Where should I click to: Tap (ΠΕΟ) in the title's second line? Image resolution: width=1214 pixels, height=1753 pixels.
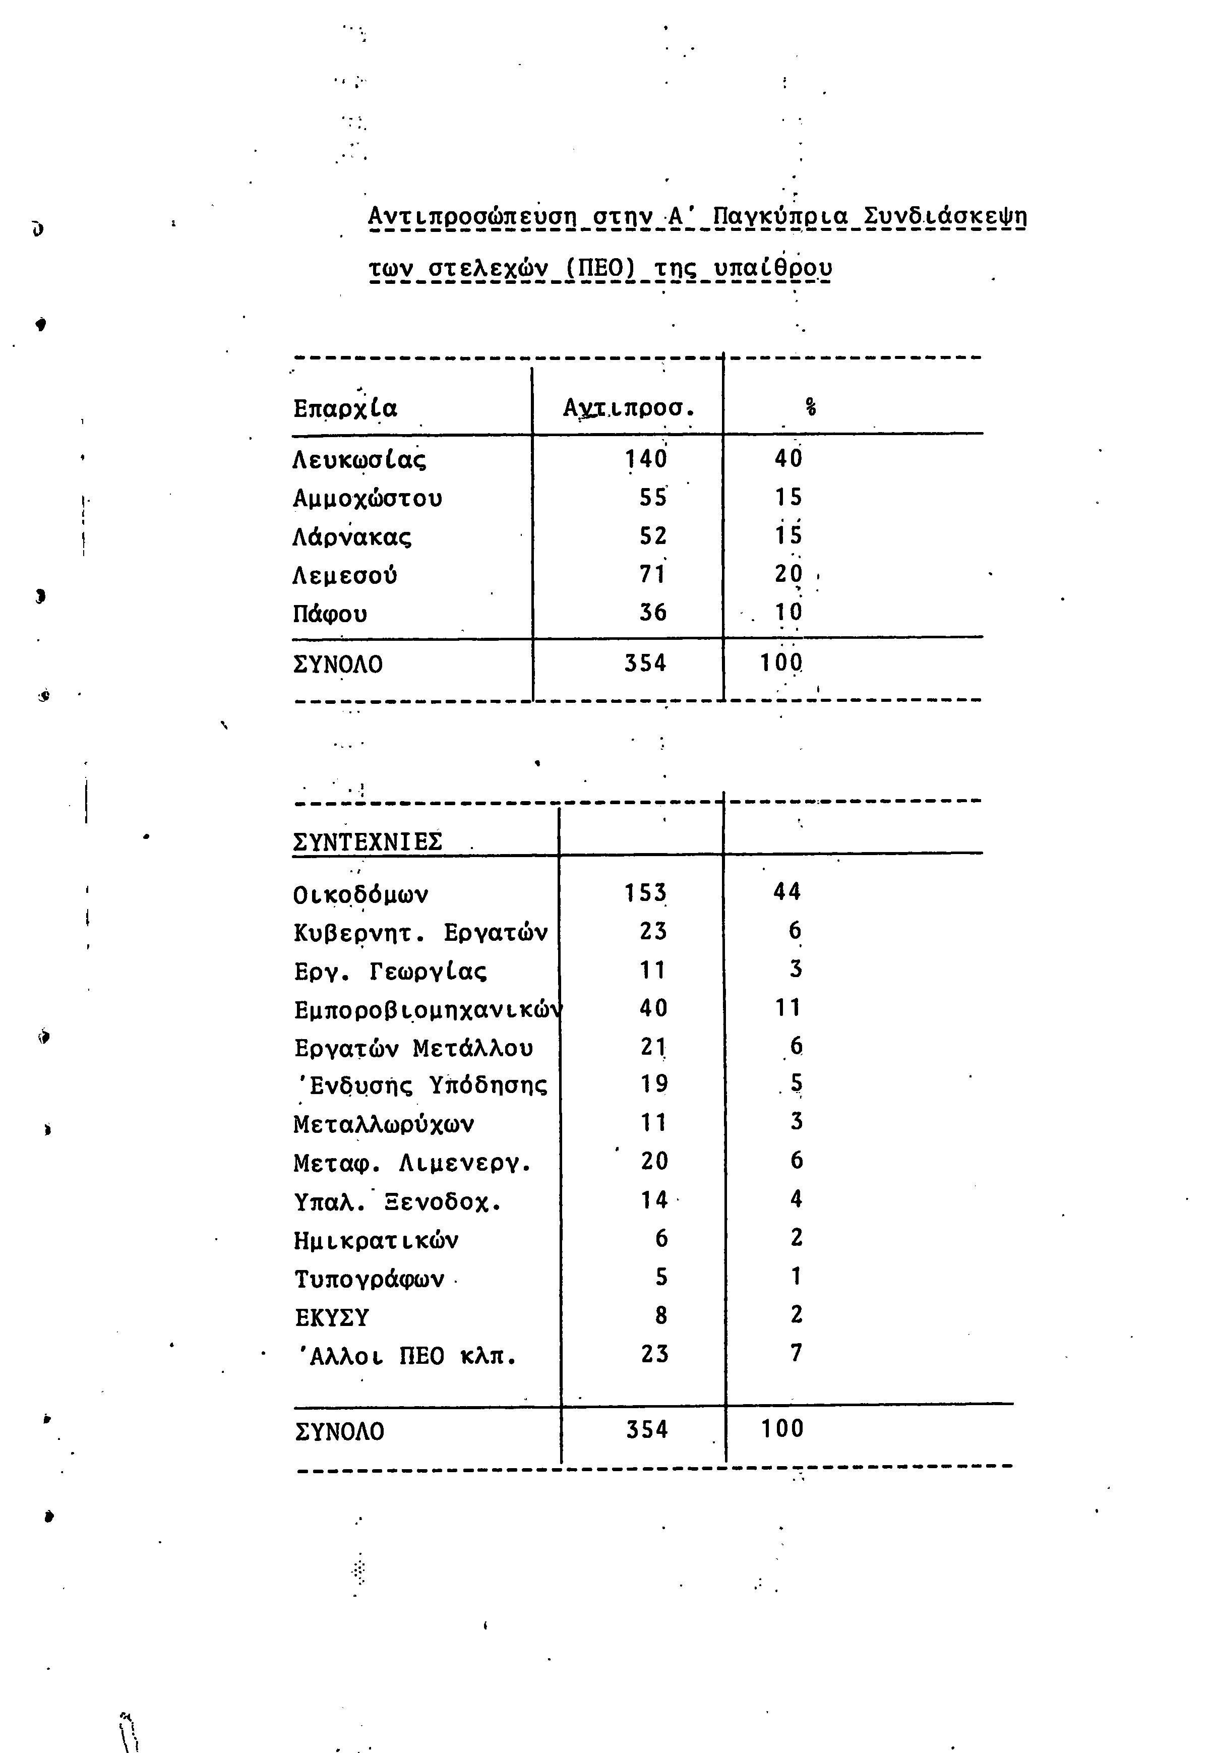602,268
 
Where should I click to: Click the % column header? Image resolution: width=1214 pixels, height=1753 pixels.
811,408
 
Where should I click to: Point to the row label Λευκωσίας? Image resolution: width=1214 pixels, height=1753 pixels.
359,460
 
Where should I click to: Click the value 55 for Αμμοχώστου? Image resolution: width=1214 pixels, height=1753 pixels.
653,498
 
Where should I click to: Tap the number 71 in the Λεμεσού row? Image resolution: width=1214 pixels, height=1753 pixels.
653,575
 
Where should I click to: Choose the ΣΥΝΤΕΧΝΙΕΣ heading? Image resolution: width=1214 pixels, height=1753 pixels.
368,842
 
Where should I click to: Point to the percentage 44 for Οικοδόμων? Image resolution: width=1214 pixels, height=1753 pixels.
787,892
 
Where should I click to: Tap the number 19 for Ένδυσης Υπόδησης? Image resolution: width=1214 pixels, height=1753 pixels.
653,1084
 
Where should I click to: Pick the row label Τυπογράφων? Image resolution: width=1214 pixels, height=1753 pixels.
369,1279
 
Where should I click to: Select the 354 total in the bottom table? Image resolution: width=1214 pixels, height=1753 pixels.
646,1430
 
